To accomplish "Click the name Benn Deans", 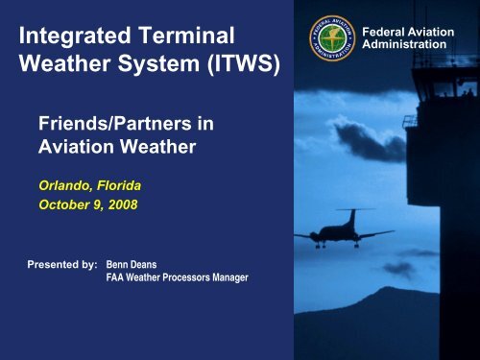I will (x=133, y=261).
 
